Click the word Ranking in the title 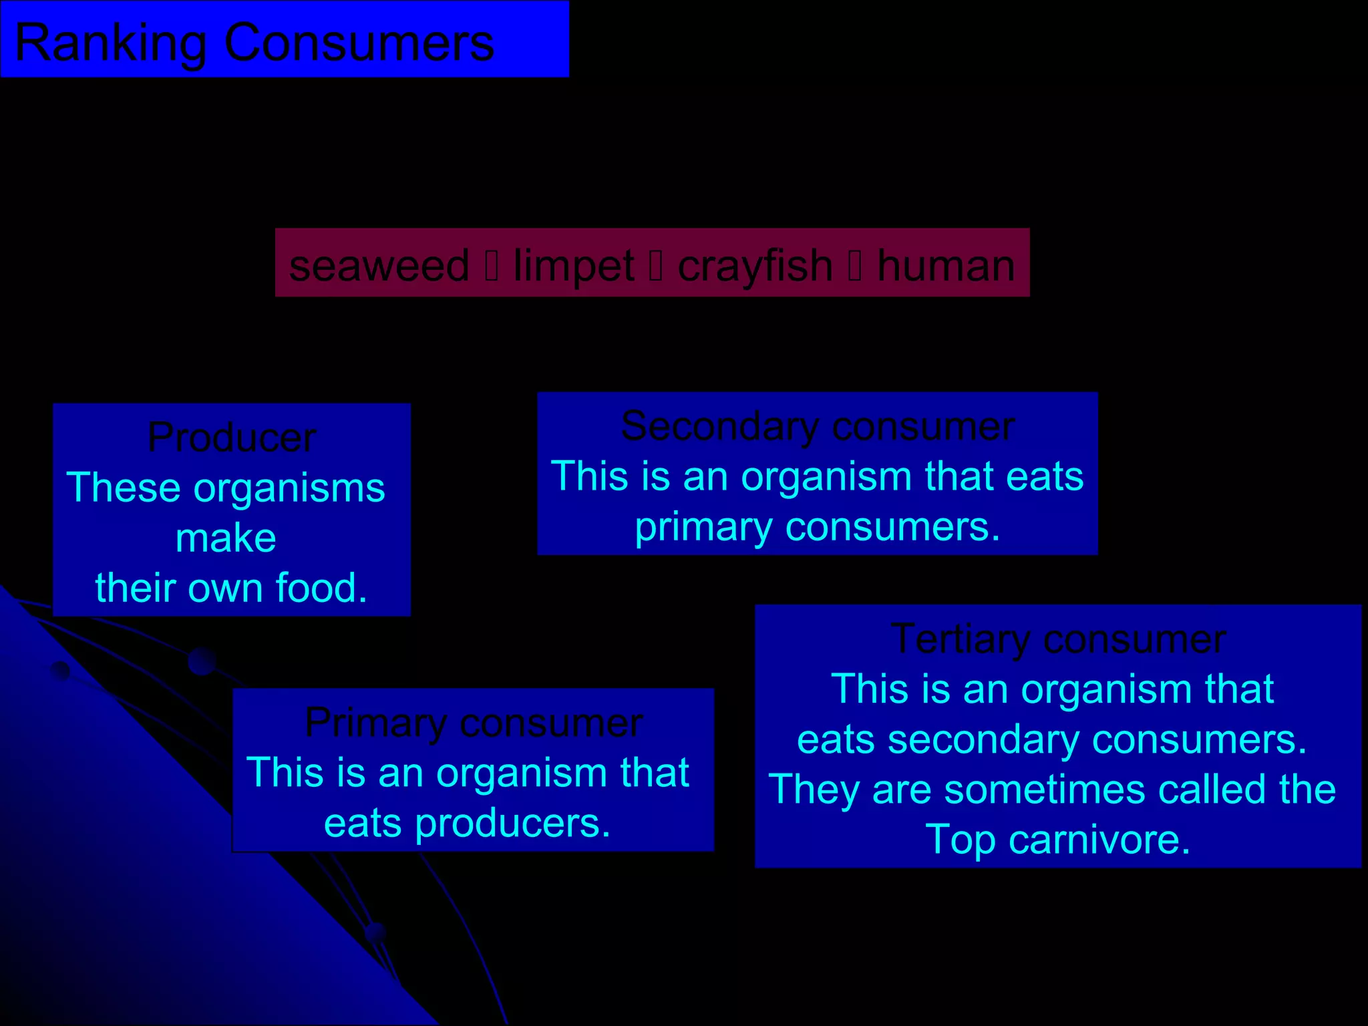110,43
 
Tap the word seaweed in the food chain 379,266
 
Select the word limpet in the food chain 573,266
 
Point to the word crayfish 755,266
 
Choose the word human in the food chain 945,266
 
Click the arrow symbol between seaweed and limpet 492,266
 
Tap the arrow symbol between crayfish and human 855,266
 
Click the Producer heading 232,438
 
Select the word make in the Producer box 226,538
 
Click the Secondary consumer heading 818,426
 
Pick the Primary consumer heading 474,723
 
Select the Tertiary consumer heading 1058,639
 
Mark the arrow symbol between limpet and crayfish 656,266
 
